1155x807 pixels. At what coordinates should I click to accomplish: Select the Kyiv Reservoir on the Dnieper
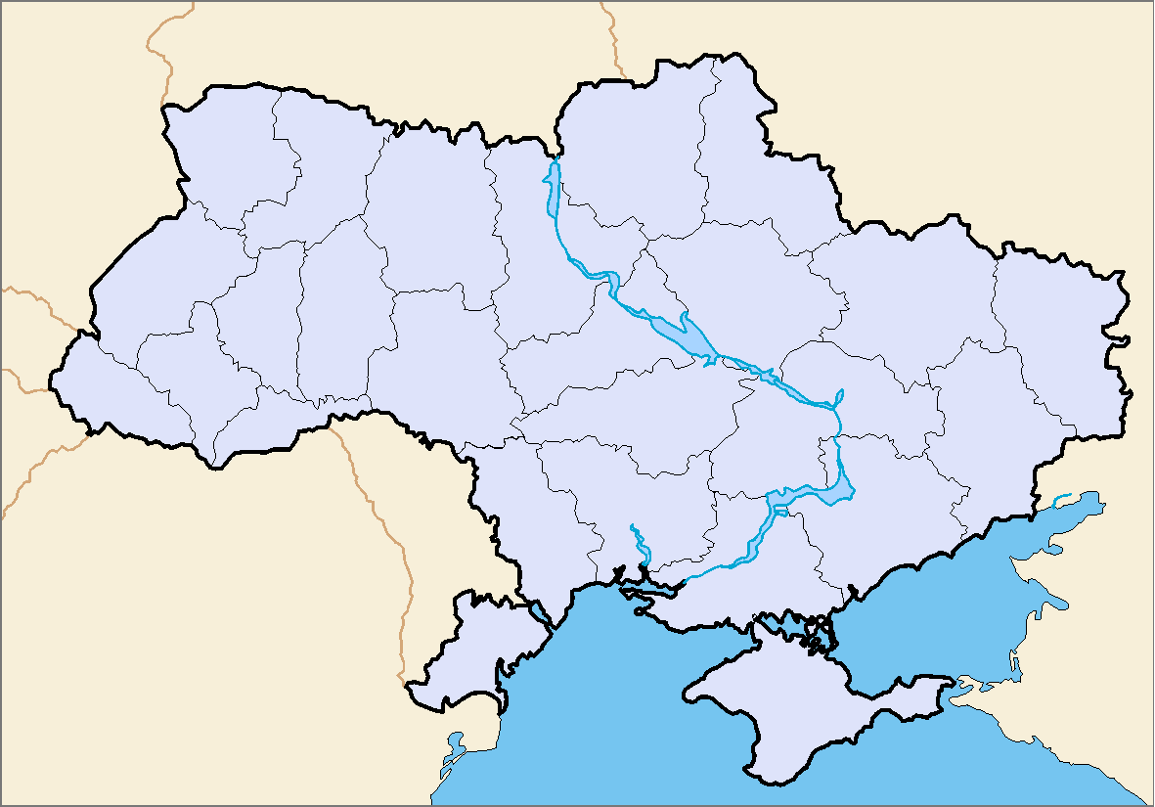coord(553,191)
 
